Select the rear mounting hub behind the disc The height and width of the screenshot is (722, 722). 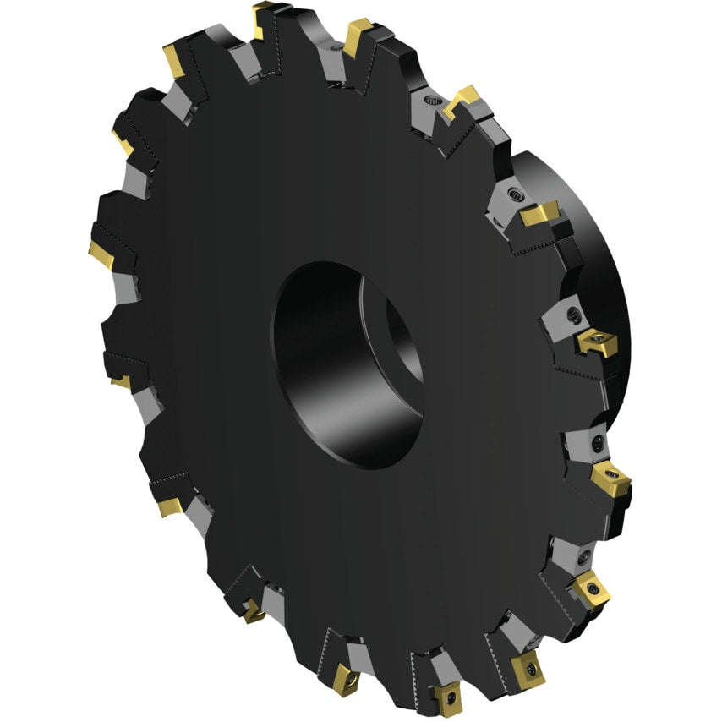pos(592,254)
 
